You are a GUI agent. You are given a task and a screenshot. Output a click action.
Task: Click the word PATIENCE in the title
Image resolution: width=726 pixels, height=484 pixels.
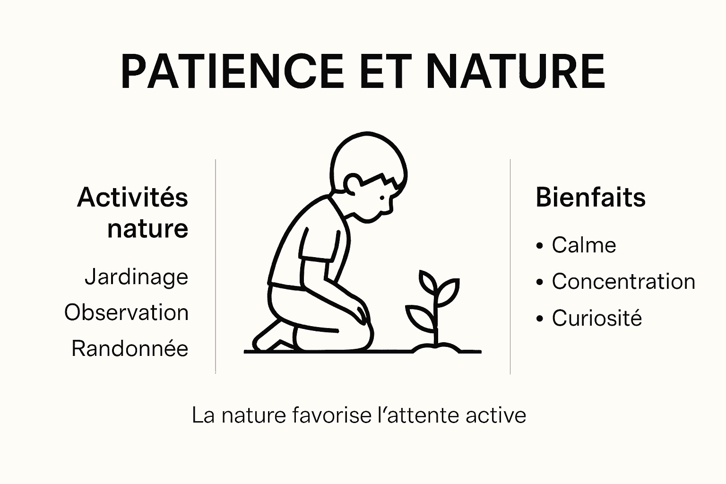pyautogui.click(x=232, y=72)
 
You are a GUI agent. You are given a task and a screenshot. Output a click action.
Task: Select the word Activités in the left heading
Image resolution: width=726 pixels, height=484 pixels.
pyautogui.click(x=133, y=197)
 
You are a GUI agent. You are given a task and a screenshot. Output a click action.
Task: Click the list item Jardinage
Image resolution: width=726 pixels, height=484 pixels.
pyautogui.click(x=137, y=277)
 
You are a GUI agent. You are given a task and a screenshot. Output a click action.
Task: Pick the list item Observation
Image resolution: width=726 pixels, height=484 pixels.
pyautogui.click(x=127, y=313)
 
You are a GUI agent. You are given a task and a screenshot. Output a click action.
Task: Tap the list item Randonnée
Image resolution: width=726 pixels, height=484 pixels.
pyautogui.click(x=130, y=349)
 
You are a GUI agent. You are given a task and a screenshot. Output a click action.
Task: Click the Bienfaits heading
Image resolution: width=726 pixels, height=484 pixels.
pyautogui.click(x=590, y=197)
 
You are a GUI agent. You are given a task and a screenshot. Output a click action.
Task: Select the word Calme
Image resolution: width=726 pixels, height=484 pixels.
pyautogui.click(x=584, y=245)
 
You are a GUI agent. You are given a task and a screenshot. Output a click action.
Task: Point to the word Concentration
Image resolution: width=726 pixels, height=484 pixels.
pyautogui.click(x=623, y=282)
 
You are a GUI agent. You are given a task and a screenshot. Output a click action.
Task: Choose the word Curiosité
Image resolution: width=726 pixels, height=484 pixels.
pyautogui.click(x=596, y=318)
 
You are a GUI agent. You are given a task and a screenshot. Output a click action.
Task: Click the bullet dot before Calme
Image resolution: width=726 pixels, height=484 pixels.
pyautogui.click(x=540, y=246)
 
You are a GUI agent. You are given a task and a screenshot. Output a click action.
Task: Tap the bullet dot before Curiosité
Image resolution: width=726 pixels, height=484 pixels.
pyautogui.click(x=540, y=319)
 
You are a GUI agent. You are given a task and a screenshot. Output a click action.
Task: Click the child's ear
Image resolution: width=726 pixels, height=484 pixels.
pyautogui.click(x=352, y=183)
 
